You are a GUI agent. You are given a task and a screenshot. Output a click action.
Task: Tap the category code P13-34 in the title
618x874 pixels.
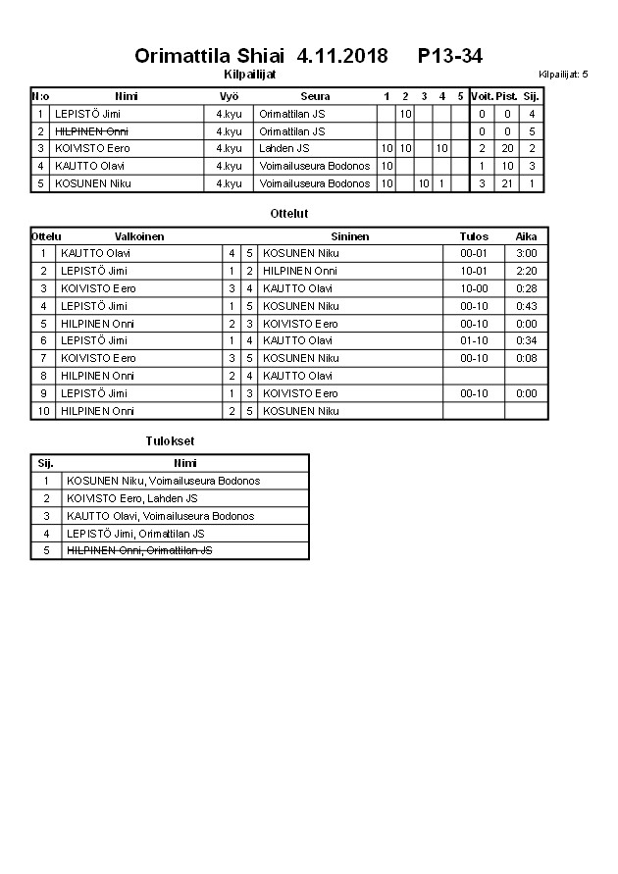449,56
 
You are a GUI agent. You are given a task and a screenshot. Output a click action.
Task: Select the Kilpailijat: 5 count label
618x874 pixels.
563,74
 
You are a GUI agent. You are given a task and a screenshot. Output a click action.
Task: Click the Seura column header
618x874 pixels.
315,96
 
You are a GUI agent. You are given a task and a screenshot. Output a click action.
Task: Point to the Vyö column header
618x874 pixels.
229,96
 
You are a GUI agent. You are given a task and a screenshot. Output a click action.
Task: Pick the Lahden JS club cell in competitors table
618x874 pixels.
284,148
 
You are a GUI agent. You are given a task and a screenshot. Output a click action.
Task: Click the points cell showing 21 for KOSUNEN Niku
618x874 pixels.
507,183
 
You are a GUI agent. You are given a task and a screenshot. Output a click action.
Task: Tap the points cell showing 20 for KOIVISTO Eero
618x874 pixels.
507,148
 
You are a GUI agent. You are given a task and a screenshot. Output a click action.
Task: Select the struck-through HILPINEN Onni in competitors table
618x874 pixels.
92,130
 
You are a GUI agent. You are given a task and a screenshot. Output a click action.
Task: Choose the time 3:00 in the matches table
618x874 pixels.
526,253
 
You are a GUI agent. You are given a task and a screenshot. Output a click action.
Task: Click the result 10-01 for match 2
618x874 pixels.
473,271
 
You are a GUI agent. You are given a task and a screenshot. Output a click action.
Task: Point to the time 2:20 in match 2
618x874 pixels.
526,271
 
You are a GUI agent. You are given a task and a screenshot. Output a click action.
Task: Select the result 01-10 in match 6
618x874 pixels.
473,340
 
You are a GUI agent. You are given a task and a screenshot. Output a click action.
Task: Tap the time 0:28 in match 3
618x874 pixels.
526,288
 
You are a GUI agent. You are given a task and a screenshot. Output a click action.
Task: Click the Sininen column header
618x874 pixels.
349,236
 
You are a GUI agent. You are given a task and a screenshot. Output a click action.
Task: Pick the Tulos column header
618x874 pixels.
473,236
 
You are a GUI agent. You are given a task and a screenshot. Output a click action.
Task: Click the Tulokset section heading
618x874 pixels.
170,440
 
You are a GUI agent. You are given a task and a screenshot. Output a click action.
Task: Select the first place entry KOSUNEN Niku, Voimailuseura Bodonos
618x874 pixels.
162,481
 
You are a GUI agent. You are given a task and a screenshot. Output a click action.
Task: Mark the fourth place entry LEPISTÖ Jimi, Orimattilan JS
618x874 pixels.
135,534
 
